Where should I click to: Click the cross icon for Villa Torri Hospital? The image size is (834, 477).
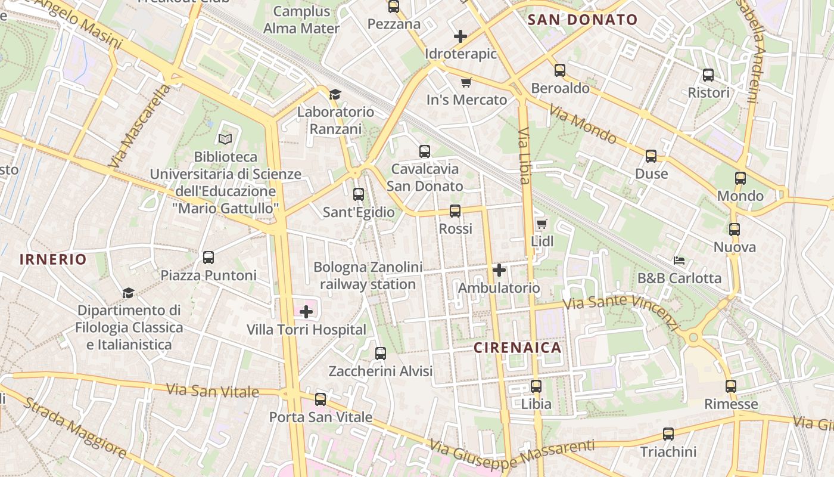tap(306, 312)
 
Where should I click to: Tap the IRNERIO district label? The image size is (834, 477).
tap(53, 259)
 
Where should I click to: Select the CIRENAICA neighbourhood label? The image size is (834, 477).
tap(518, 348)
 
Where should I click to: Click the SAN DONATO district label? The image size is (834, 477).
tap(583, 20)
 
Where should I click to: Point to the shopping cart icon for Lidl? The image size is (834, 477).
tap(542, 224)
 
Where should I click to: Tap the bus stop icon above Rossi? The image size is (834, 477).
tap(455, 211)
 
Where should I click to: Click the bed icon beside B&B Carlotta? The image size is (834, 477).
tap(679, 261)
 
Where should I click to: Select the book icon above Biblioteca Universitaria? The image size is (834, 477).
tap(225, 140)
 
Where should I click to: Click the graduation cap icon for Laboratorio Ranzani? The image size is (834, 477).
tap(335, 94)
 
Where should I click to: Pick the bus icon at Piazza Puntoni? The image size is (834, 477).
tap(208, 258)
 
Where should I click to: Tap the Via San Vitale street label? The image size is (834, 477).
tap(213, 391)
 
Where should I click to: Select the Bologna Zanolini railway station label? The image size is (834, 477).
tap(368, 275)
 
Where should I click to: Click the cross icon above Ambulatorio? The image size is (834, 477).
tap(499, 271)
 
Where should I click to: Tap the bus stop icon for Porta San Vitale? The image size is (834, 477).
tap(320, 399)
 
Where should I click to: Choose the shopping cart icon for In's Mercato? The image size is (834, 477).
tap(466, 82)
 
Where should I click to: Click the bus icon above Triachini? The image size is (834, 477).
tap(668, 434)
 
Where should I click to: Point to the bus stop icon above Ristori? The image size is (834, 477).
tap(708, 75)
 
